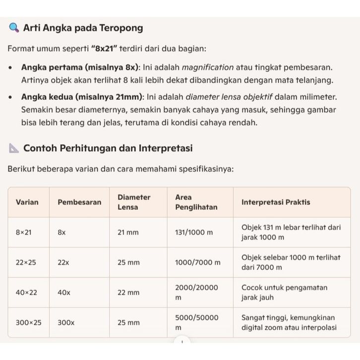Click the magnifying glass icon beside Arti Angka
point(14,28)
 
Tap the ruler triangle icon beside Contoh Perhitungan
point(14,148)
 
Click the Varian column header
point(27,202)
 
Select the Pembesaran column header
point(79,202)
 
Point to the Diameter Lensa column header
point(134,202)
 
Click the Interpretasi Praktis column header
point(276,202)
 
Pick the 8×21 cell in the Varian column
point(23,233)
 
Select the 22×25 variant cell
point(26,262)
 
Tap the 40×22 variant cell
point(26,293)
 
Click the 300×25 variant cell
point(28,323)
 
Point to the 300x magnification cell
point(66,323)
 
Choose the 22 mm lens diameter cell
point(129,293)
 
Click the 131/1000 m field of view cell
point(194,233)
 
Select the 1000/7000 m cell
point(197,262)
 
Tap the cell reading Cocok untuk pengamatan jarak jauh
point(284,293)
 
